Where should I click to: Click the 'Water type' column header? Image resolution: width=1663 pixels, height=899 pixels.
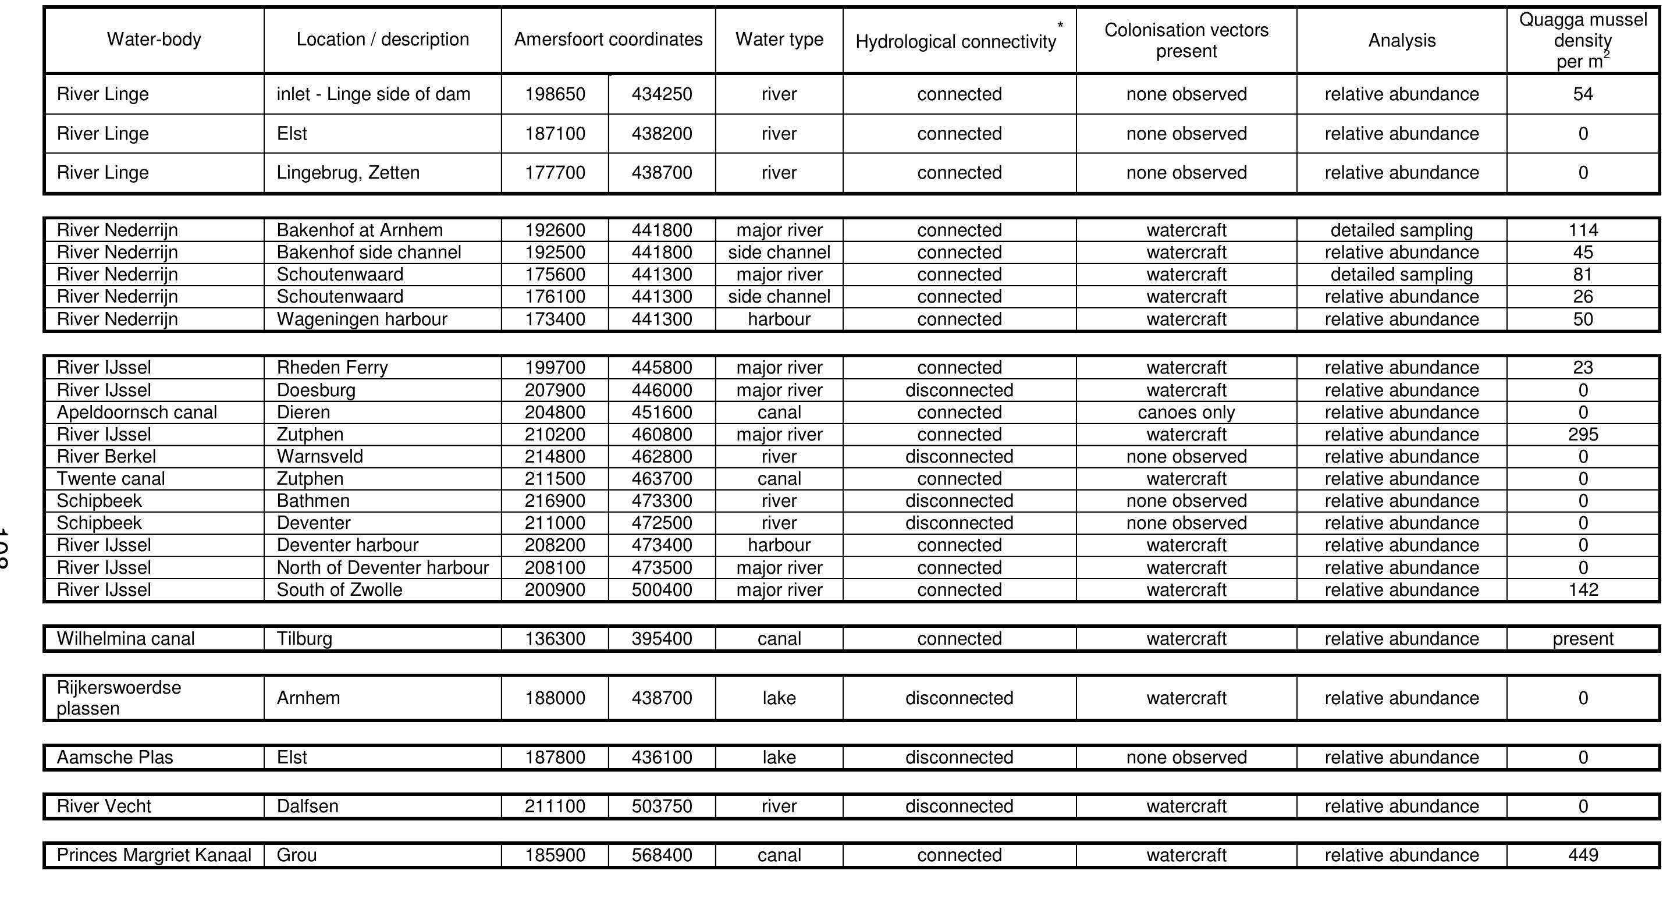tap(779, 40)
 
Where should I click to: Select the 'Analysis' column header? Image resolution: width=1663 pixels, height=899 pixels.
tap(1402, 41)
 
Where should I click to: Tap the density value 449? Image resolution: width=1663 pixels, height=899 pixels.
tap(1583, 855)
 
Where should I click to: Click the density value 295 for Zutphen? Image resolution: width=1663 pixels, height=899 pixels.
tap(1583, 434)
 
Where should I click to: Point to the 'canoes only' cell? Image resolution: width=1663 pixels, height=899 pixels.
tap(1186, 413)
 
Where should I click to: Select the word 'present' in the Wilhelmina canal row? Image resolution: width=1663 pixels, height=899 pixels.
tap(1583, 639)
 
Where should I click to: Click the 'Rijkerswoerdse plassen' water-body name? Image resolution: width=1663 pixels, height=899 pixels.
tap(119, 698)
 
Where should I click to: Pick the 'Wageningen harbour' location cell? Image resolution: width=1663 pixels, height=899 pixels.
tap(361, 319)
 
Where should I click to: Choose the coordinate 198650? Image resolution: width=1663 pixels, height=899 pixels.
tap(555, 94)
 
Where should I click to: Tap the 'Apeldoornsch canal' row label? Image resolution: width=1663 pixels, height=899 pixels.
tap(137, 413)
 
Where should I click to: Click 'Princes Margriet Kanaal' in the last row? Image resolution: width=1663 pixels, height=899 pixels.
tap(154, 855)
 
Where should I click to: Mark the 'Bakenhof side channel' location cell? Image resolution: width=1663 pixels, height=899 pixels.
tap(369, 253)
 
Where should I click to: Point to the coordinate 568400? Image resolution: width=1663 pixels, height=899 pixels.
tap(662, 855)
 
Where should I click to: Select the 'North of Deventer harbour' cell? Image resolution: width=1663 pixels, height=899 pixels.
tap(383, 568)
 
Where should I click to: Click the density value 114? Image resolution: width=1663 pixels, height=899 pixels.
tap(1583, 230)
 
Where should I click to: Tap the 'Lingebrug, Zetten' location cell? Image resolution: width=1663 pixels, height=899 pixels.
tap(348, 173)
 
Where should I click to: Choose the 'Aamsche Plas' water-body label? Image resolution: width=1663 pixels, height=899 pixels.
tap(115, 757)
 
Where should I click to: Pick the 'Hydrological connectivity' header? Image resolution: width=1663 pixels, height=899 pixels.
tap(955, 42)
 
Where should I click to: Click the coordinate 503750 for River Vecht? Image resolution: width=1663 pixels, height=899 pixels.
tap(662, 806)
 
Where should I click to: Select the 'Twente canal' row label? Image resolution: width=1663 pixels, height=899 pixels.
tap(111, 479)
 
